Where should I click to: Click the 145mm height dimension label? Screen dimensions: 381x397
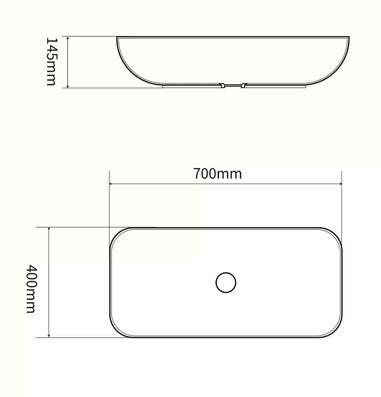[x=52, y=62]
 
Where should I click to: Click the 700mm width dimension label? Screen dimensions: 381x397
[x=218, y=174]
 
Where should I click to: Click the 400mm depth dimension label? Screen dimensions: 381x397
[x=31, y=289]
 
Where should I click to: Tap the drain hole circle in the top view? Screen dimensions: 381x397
[x=226, y=282]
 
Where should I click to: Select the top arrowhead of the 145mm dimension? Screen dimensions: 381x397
[x=68, y=39]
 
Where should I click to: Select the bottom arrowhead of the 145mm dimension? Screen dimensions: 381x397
[x=68, y=85]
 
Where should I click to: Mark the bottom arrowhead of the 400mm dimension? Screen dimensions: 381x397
[x=49, y=335]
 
